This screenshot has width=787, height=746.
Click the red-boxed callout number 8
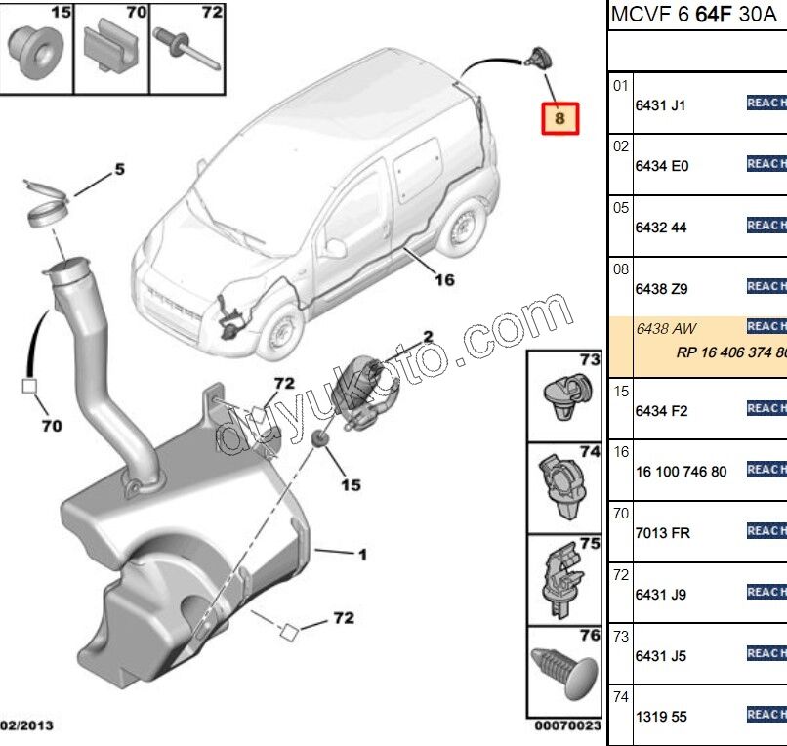pyautogui.click(x=560, y=119)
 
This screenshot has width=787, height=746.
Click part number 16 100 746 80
pyautogui.click(x=681, y=472)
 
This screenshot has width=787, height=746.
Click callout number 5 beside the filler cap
pyautogui.click(x=119, y=170)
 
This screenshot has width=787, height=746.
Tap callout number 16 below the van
pyautogui.click(x=444, y=280)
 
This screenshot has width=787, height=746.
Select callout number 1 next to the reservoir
pyautogui.click(x=362, y=556)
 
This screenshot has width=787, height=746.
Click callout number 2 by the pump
pyautogui.click(x=427, y=338)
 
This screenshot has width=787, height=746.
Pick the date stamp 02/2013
pyautogui.click(x=27, y=725)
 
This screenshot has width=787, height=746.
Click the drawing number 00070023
pyautogui.click(x=566, y=726)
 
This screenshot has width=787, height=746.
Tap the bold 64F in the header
pyautogui.click(x=712, y=16)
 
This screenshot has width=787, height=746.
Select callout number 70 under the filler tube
pyautogui.click(x=51, y=426)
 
